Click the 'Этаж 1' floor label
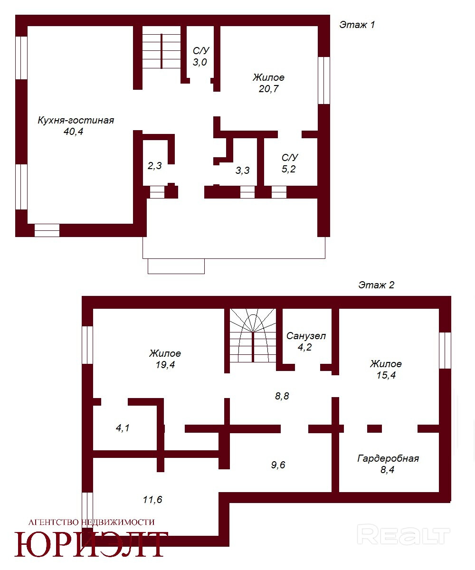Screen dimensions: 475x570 (x=357, y=25)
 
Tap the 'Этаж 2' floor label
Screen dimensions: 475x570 (x=376, y=285)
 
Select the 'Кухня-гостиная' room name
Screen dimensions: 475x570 (x=76, y=120)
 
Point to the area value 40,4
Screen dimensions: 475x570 (x=73, y=132)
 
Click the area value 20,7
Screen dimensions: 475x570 (x=269, y=89)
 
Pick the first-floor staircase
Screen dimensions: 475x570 (x=161, y=51)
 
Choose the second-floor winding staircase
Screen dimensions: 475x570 (x=253, y=335)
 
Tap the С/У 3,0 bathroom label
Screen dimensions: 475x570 (x=200, y=56)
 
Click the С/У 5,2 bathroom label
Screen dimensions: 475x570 (x=289, y=163)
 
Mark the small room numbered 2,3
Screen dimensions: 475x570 (x=154, y=166)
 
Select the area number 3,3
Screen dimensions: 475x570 (x=242, y=171)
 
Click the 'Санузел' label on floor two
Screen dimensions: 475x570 (x=306, y=336)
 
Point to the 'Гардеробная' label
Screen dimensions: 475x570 (x=388, y=458)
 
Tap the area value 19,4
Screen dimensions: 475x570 (x=165, y=365)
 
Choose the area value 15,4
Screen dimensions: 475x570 (x=386, y=375)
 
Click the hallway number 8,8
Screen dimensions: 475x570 (x=282, y=396)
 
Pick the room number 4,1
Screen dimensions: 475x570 (x=123, y=428)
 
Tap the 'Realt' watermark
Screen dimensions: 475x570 (x=403, y=536)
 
